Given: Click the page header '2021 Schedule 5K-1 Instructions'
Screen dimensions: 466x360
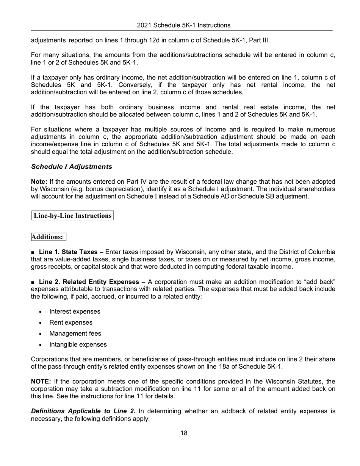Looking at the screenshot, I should click(183, 25).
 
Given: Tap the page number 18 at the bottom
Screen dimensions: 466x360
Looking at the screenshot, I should click(183, 433).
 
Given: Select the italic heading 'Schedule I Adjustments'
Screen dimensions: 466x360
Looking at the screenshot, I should click(72, 166).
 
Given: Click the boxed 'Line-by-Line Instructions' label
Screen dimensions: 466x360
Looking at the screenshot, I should click(72, 216).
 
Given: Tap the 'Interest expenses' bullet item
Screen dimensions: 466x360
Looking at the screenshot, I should click(75, 311).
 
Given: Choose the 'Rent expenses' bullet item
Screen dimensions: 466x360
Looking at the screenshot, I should click(70, 322).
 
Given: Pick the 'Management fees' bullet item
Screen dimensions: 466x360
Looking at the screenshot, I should click(75, 333).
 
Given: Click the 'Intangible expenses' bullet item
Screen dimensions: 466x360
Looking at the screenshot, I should click(78, 344).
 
